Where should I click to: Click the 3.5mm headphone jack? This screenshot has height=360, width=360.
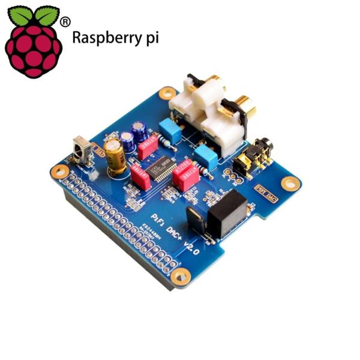click(252, 157)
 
